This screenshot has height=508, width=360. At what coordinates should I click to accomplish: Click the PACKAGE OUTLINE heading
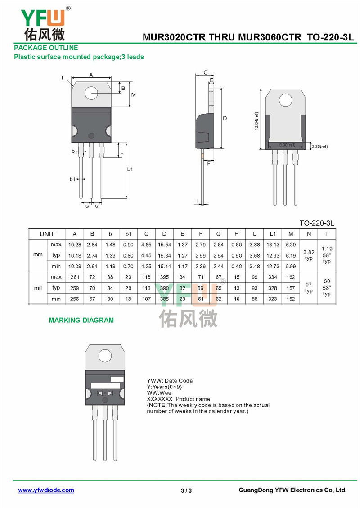pos(46,48)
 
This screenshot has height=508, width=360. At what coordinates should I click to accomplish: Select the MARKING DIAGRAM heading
pos(81,321)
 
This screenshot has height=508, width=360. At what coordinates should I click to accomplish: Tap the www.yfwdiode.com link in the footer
pos(46,490)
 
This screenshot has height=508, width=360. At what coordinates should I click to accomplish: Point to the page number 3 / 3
pos(186,490)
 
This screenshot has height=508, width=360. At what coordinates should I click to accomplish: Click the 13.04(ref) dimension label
pos(257,120)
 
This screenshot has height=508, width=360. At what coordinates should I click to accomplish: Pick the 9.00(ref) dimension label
pos(287,145)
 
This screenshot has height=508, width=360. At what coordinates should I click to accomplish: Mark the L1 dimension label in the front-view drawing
pos(130,169)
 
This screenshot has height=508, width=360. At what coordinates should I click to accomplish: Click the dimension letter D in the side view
pos(225,118)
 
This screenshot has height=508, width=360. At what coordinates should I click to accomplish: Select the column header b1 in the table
pos(128,234)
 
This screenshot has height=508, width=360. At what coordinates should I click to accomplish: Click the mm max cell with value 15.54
pos(164,245)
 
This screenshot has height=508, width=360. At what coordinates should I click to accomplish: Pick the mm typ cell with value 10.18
pos(74,255)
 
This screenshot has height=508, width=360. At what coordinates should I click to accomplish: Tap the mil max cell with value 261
pos(74,277)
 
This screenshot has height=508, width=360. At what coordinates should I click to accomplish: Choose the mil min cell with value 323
pos(273,299)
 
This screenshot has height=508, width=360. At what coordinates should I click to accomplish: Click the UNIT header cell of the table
pos(47,234)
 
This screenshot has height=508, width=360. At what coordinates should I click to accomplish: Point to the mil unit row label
pos(38,288)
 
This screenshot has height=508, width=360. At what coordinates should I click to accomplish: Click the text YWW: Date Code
pos(170,381)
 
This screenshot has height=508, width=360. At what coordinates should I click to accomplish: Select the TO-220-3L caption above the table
pos(318,223)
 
